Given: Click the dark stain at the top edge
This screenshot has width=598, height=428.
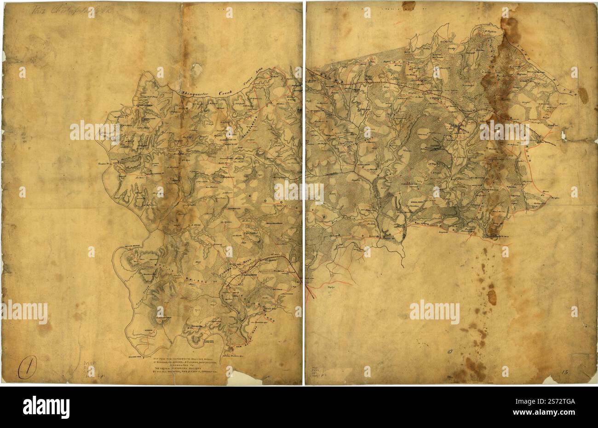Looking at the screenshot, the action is coord(408,6).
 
